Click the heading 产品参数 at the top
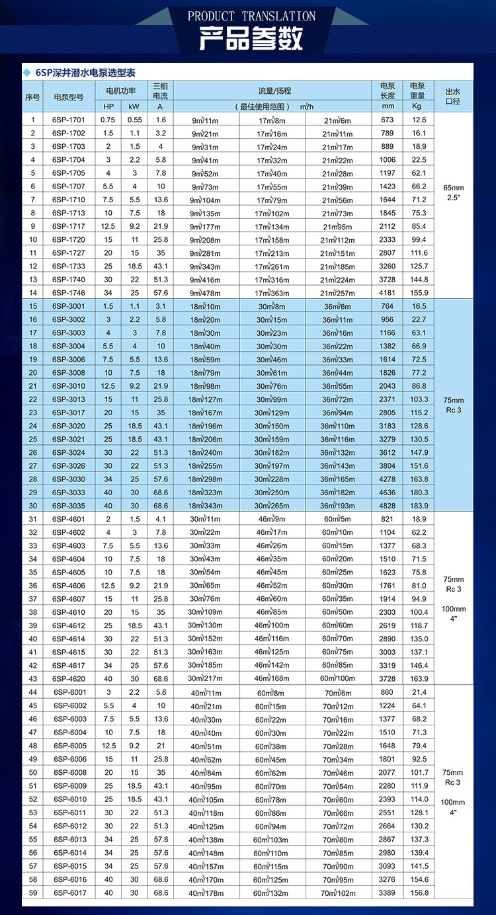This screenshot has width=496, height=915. click(251, 39)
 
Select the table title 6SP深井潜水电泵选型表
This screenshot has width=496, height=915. click(85, 73)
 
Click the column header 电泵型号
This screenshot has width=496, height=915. click(68, 97)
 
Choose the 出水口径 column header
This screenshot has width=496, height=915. click(452, 97)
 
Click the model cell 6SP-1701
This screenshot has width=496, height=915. click(68, 120)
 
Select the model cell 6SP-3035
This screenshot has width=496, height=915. click(68, 505)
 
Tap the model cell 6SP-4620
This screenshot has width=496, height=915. click(68, 678)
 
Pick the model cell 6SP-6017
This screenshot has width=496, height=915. click(69, 893)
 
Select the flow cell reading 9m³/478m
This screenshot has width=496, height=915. click(205, 293)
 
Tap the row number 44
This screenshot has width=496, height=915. click(32, 692)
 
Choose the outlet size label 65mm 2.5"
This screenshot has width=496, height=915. click(453, 192)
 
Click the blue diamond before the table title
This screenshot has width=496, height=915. click(27, 73)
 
